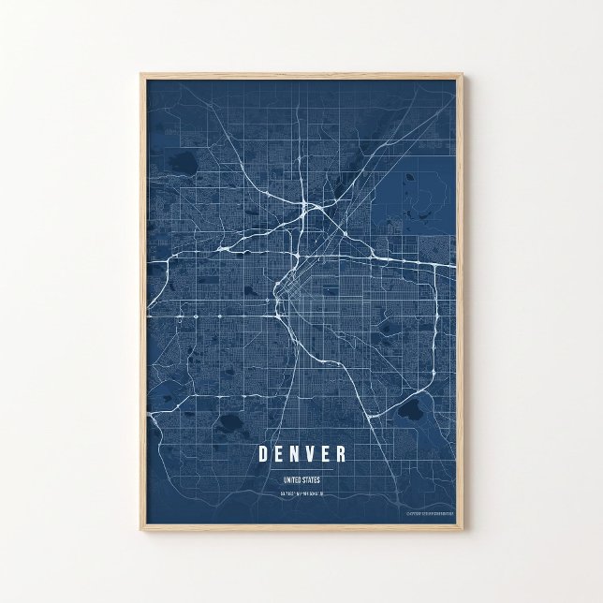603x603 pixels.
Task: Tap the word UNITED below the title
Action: (293, 480)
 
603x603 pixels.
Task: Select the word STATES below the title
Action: (315, 480)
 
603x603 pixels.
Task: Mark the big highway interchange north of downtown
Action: (309, 213)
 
